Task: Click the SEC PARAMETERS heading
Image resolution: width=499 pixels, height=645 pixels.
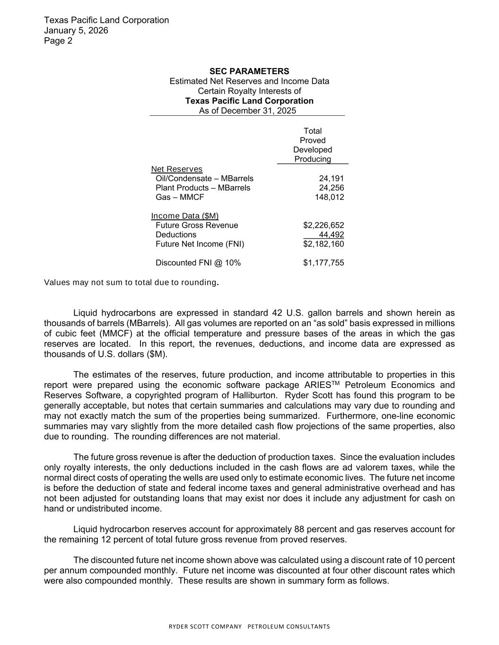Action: (x=249, y=71)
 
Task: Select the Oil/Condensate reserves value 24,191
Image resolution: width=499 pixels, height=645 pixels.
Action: (x=331, y=179)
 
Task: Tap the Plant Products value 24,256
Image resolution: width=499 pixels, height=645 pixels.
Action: (x=331, y=188)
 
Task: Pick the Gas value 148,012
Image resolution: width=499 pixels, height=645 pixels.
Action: (x=329, y=197)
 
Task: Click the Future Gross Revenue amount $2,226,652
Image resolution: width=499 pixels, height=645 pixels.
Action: (x=324, y=225)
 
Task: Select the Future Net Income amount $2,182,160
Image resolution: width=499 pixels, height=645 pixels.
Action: (x=324, y=244)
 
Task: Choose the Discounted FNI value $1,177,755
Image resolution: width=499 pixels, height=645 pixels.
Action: (x=324, y=263)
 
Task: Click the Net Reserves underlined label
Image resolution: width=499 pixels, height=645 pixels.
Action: (x=176, y=169)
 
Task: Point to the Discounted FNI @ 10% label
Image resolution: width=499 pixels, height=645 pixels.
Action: (x=198, y=263)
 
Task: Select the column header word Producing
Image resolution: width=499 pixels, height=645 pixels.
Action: (x=313, y=159)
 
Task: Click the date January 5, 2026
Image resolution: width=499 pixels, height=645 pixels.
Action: (x=76, y=30)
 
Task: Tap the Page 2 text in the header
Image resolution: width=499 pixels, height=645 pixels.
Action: (x=58, y=41)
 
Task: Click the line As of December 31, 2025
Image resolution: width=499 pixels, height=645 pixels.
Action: (x=247, y=111)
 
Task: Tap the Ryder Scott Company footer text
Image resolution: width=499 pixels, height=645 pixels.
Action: (x=249, y=627)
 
